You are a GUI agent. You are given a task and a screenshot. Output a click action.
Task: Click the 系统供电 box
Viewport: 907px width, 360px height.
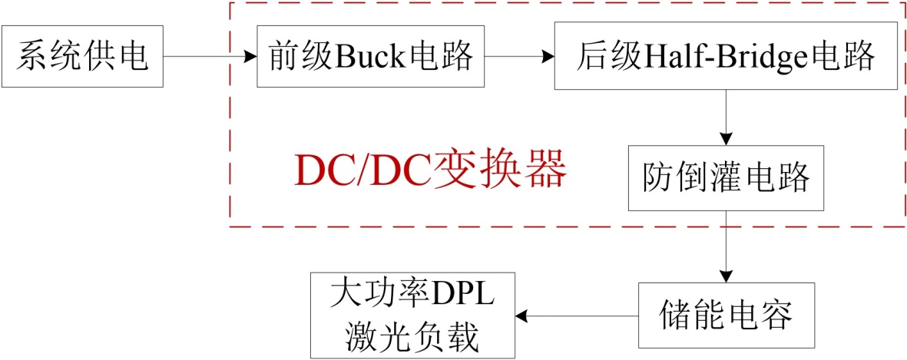click(82, 57)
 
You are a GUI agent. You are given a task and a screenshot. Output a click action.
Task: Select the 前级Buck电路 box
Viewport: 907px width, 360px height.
click(372, 57)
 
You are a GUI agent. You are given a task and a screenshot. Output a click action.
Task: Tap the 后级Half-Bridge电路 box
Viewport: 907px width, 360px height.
click(725, 57)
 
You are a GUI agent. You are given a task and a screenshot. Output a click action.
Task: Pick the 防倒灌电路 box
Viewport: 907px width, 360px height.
click(725, 177)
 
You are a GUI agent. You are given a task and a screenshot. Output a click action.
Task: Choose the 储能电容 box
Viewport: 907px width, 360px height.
click(725, 315)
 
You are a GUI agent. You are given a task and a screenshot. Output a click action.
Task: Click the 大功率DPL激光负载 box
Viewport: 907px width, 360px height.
click(412, 315)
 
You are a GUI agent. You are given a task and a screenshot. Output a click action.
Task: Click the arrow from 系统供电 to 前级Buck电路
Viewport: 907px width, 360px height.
click(210, 57)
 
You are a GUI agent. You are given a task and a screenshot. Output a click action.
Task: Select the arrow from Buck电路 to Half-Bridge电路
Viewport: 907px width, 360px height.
click(520, 57)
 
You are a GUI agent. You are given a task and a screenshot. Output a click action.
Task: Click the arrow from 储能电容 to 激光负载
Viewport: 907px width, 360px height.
click(577, 315)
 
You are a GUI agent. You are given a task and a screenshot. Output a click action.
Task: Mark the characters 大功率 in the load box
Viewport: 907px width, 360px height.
click(382, 296)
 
